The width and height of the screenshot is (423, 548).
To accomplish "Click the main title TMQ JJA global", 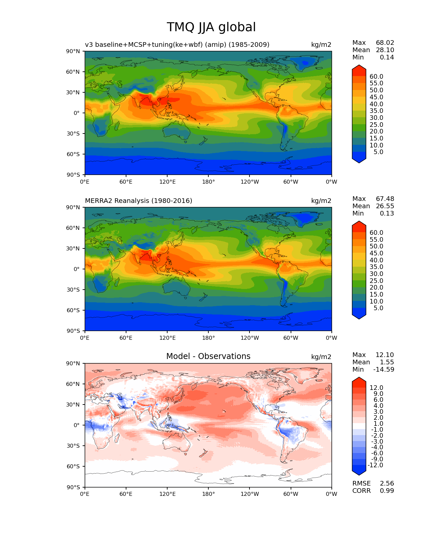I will [x=211, y=27].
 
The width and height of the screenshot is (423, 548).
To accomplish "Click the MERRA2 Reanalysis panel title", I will [x=138, y=201].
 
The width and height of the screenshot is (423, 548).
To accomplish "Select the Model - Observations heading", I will [x=208, y=356].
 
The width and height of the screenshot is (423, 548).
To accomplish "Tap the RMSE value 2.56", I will [x=387, y=483].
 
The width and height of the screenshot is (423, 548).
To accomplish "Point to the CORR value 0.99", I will [x=387, y=491].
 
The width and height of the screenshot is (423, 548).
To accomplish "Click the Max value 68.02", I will [x=385, y=43].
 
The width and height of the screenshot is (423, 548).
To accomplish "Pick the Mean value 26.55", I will [x=385, y=206].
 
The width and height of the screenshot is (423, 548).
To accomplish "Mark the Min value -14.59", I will [x=384, y=369].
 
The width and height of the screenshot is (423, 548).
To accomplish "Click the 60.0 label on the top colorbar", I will [x=376, y=76].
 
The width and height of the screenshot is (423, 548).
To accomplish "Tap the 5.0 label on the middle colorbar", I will [x=378, y=308].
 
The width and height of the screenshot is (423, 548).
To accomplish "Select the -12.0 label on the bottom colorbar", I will [x=375, y=465].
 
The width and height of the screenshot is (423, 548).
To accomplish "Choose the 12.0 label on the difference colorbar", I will [x=376, y=388].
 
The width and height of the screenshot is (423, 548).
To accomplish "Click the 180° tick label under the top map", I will [x=208, y=182].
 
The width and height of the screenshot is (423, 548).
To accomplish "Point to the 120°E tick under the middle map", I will [x=167, y=338].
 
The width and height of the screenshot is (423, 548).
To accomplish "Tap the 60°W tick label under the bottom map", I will [x=291, y=494].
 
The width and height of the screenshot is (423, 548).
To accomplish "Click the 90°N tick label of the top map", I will [x=73, y=51].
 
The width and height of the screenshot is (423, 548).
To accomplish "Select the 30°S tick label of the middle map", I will [x=73, y=290].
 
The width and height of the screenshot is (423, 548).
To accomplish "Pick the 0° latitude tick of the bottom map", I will [x=77, y=425].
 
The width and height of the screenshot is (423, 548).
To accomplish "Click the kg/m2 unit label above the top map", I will [x=321, y=45].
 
